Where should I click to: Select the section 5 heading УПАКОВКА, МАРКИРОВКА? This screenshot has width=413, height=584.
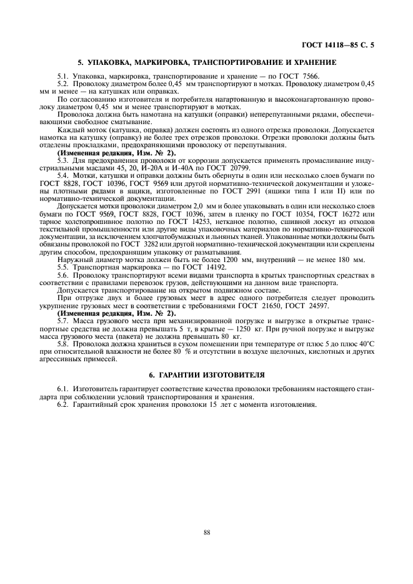(x=207, y=63)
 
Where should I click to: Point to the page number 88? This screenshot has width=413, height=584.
(x=207, y=532)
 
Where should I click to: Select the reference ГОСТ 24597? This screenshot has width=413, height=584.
(x=309, y=307)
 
